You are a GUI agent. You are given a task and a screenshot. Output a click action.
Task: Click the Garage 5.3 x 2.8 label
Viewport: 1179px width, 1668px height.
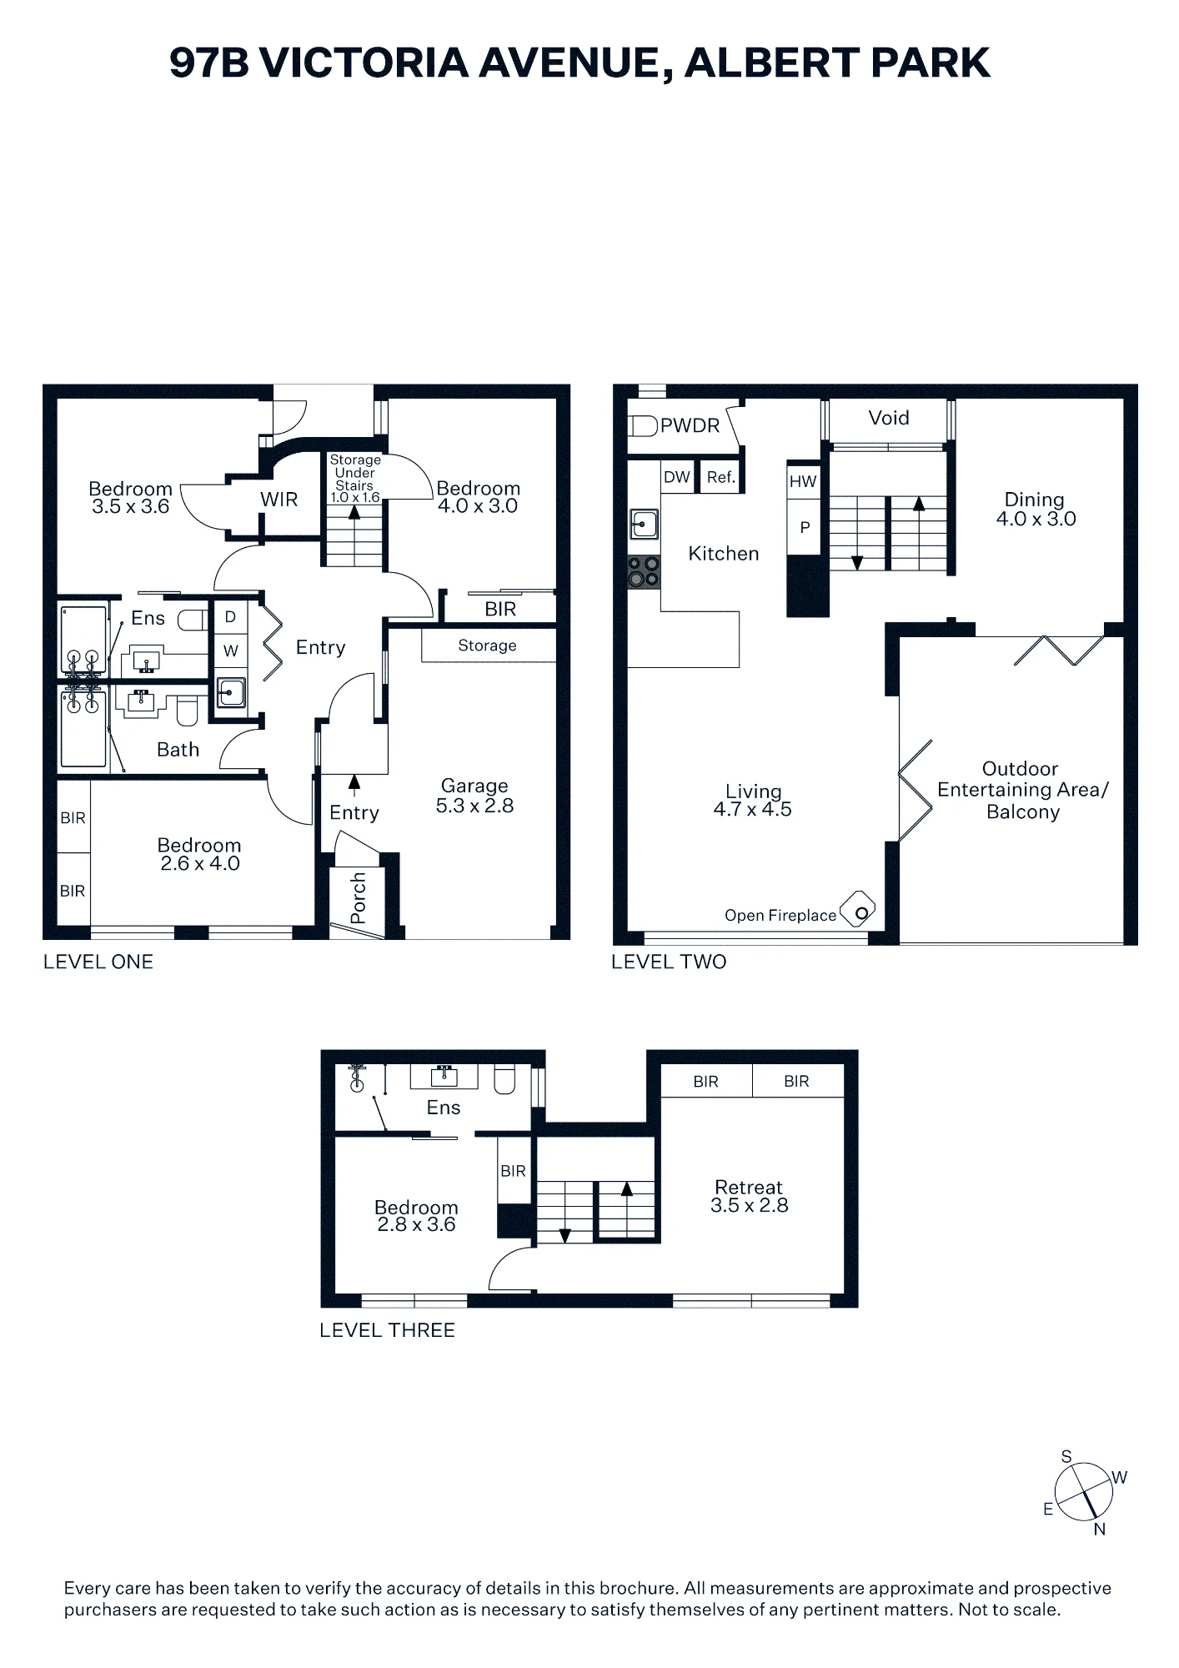(474, 796)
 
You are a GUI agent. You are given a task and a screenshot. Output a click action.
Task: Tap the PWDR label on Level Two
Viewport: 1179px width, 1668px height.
(690, 425)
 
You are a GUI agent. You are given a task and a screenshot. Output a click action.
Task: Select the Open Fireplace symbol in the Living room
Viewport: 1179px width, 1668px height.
(857, 909)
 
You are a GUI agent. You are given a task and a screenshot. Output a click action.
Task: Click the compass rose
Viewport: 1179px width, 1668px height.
(1083, 1493)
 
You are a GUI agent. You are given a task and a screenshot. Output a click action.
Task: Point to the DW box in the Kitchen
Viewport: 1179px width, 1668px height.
(677, 477)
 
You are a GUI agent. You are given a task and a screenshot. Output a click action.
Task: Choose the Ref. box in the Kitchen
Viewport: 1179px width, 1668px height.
(721, 477)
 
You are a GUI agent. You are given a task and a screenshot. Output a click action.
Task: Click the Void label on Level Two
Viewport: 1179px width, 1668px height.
(889, 418)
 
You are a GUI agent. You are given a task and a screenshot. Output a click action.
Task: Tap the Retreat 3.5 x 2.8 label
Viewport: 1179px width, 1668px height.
(749, 1196)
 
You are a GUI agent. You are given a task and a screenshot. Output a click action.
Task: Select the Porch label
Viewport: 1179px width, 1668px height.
(359, 898)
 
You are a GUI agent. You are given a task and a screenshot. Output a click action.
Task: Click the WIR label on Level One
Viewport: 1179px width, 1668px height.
(278, 500)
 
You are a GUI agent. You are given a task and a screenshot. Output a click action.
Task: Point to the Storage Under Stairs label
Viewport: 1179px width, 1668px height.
(355, 479)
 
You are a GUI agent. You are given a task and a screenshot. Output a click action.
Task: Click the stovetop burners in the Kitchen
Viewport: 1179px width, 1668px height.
(644, 572)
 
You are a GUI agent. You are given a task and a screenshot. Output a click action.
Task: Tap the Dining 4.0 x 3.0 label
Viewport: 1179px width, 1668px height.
(1036, 509)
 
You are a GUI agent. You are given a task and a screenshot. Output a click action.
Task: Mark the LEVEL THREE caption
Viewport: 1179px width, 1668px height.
(387, 1330)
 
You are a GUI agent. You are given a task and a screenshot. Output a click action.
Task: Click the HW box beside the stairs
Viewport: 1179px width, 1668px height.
(803, 481)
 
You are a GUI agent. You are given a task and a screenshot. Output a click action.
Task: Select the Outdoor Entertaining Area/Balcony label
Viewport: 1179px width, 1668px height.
(1022, 790)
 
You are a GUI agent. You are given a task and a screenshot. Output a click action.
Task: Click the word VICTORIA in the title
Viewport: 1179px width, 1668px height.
(364, 63)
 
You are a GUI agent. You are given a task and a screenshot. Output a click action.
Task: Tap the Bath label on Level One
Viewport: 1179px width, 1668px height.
(178, 750)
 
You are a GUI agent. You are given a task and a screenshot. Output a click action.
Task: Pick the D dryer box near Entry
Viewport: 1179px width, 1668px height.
(231, 616)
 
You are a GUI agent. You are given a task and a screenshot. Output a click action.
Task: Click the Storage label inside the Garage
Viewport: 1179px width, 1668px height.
(487, 646)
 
